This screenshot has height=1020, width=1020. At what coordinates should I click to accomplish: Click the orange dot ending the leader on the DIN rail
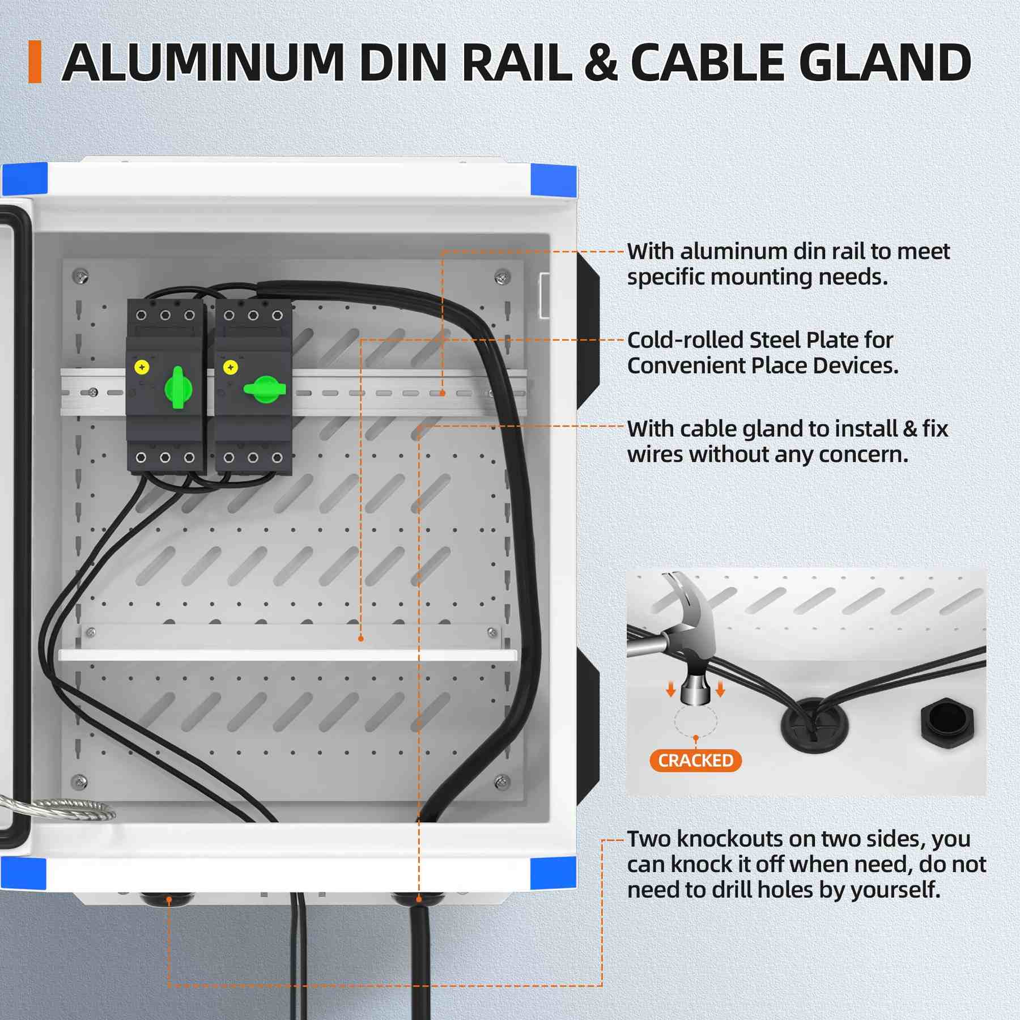442,393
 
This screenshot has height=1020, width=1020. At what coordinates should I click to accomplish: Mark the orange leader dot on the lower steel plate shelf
361,639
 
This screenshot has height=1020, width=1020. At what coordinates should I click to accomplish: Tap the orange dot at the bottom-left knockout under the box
169,899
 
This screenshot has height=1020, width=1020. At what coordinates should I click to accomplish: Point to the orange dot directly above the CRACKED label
696,738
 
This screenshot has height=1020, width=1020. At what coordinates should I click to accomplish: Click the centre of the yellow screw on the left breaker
142,367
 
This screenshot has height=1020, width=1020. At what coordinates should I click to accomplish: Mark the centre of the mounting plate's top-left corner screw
80,276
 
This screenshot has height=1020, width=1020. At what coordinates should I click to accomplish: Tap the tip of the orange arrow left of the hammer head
671,695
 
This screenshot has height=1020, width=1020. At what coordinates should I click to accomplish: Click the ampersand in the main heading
601,62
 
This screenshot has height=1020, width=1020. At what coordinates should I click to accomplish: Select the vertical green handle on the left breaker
178,388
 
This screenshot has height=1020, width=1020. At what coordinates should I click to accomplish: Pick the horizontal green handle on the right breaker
265,389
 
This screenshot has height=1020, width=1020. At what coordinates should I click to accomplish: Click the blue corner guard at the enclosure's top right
554,180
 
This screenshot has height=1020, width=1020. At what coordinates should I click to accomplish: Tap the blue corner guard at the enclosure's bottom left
23,873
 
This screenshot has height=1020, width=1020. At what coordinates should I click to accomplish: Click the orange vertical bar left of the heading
35,62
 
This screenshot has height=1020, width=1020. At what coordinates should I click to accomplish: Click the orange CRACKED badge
696,760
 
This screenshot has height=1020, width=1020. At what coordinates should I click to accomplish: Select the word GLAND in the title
885,62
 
